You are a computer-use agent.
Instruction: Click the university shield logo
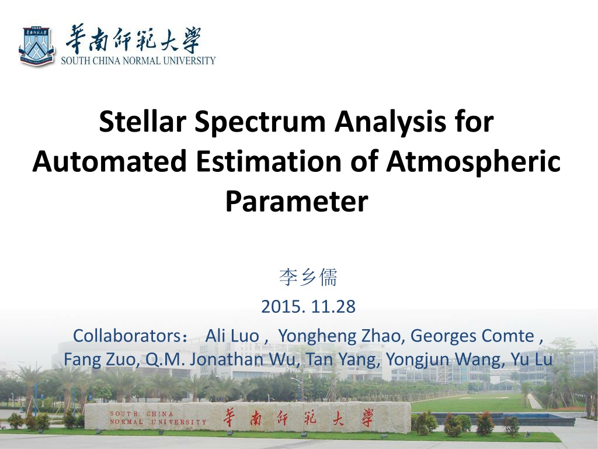click(36, 46)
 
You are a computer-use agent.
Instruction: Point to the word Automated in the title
click(110, 161)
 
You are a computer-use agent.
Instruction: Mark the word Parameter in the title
click(297, 201)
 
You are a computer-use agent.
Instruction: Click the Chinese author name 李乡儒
click(308, 277)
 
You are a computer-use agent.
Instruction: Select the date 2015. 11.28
click(308, 306)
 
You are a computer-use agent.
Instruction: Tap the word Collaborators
click(127, 336)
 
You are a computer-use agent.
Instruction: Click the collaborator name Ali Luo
click(232, 336)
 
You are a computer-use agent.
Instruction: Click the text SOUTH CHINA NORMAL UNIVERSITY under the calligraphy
click(138, 60)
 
